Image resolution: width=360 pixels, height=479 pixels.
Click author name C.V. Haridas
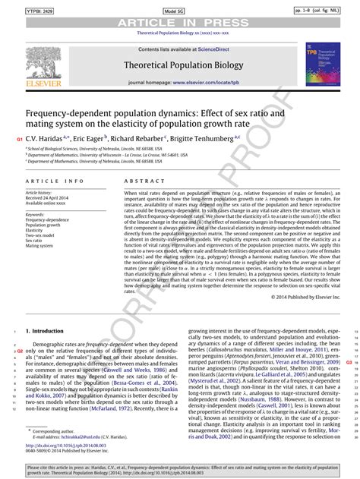(45, 138)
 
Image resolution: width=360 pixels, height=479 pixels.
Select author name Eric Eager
(93, 138)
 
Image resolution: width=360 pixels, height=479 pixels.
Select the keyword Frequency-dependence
(47, 220)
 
